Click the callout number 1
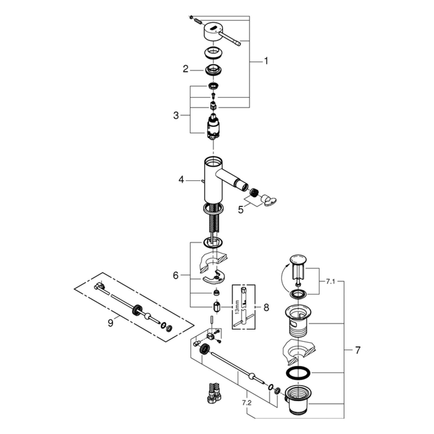tap(266, 61)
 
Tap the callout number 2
tap(185, 69)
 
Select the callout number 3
tap(176, 116)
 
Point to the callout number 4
tap(181, 180)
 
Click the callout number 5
tap(241, 210)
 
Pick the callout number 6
tap(176, 276)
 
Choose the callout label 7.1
tap(330, 282)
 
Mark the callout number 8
tap(266, 307)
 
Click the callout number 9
tap(110, 323)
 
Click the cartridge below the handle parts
tap(213, 127)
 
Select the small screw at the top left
tap(192, 17)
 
